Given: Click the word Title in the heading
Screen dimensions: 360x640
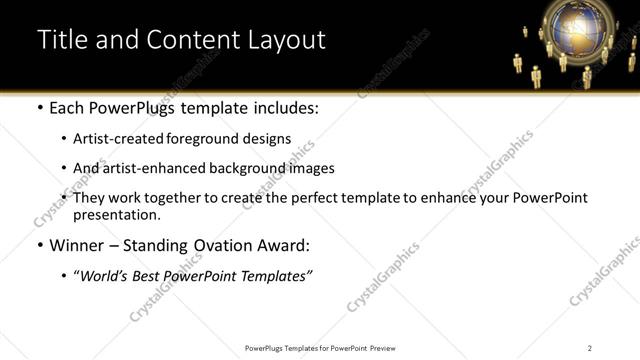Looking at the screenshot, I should [61, 40].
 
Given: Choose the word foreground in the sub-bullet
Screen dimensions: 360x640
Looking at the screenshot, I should [199, 139].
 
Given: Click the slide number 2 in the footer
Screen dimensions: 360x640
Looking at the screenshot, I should [590, 348].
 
